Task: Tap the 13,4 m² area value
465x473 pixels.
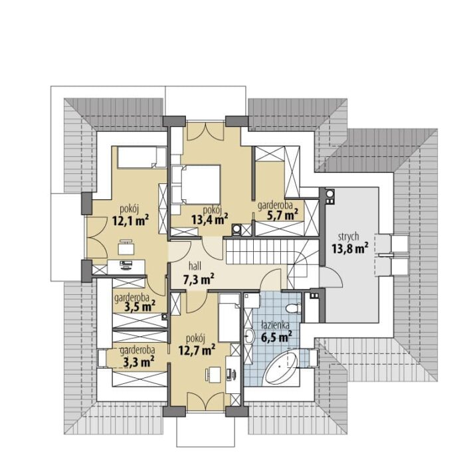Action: click(x=209, y=219)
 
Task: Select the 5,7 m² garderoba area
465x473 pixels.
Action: click(x=282, y=215)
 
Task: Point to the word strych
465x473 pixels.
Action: click(x=348, y=236)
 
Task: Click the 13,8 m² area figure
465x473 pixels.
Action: click(x=350, y=248)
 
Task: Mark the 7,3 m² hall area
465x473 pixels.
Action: click(x=199, y=279)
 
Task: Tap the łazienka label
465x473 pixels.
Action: click(x=276, y=326)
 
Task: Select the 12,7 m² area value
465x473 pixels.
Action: click(x=197, y=350)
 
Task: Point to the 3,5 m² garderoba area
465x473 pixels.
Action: click(x=140, y=306)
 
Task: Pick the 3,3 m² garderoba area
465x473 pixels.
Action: click(x=139, y=361)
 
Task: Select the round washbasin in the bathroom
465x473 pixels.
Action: click(x=250, y=337)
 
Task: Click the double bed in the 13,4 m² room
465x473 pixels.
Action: click(x=196, y=184)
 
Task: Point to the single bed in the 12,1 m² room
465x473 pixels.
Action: click(x=141, y=157)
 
